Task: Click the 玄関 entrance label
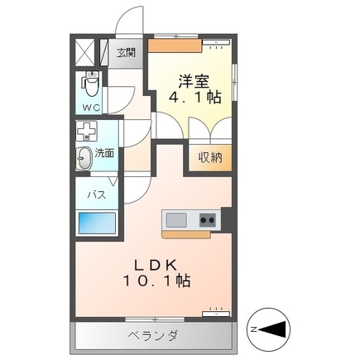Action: click(x=126, y=54)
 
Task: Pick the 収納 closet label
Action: click(x=210, y=157)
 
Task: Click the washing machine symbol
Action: click(x=86, y=131)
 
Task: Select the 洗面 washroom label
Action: click(x=104, y=153)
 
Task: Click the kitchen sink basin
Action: click(x=176, y=220)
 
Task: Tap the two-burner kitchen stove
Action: click(x=207, y=220)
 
